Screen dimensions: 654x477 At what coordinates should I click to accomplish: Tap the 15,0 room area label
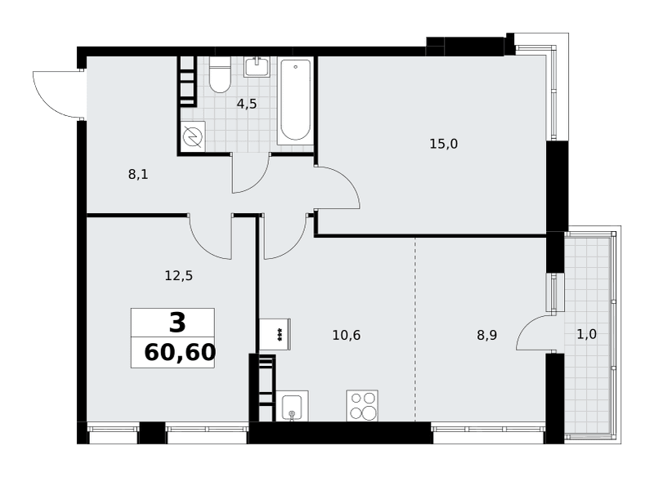444,144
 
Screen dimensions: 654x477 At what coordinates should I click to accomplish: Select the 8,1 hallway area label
138,175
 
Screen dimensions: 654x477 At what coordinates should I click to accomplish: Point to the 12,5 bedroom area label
179,276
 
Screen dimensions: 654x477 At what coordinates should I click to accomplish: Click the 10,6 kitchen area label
347,335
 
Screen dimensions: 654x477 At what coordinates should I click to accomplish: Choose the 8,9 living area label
487,335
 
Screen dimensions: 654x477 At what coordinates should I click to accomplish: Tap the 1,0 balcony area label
587,334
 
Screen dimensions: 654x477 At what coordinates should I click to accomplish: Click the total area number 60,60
180,353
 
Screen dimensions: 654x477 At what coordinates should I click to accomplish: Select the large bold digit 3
177,323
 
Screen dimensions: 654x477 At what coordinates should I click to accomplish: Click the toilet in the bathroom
220,74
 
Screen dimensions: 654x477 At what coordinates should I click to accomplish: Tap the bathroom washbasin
257,67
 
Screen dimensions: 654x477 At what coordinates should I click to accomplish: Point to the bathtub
295,100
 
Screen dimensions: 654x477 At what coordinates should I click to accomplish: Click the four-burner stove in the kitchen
362,405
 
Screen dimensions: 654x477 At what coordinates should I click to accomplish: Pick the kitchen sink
292,406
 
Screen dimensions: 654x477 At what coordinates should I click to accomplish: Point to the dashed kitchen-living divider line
415,329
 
